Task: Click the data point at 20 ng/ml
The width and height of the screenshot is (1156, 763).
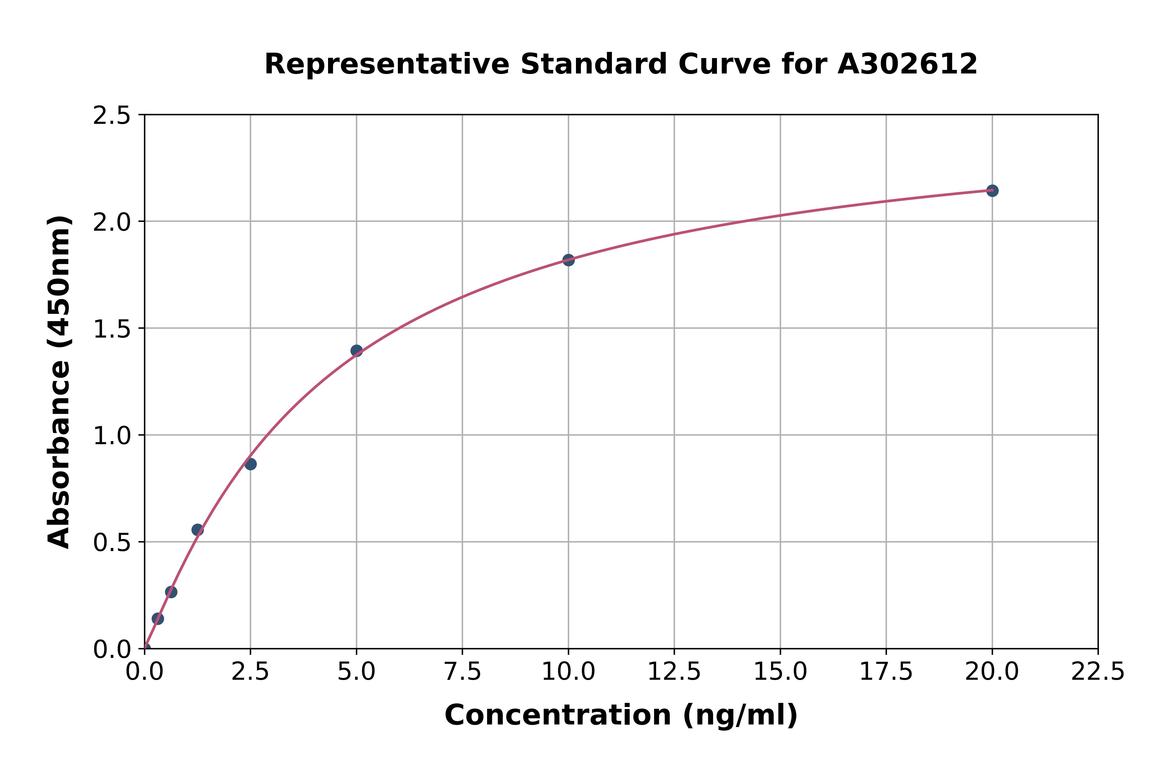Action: coord(992,191)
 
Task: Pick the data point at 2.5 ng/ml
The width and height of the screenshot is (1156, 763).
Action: coord(250,464)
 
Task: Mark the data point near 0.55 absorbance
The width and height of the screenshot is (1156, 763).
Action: coord(198,530)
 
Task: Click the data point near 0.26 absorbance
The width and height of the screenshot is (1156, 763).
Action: coord(171,592)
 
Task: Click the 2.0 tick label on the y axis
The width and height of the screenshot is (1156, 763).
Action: coord(112,222)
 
